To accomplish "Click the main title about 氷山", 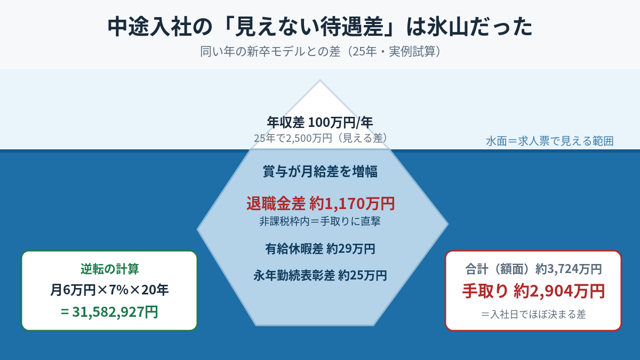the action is tap(320, 27).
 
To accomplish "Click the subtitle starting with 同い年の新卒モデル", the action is tap(320, 51).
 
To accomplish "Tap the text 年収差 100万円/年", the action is tap(320, 122).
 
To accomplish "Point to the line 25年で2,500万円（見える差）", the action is tap(320, 138).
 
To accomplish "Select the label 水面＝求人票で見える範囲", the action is tap(550, 141).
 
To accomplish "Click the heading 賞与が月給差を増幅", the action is tap(320, 171).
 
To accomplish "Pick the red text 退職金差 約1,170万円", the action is tap(321, 203).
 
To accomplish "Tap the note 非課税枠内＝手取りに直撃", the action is tap(320, 221).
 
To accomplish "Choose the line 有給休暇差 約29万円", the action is tap(320, 249).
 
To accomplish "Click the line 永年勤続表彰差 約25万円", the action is tap(320, 275).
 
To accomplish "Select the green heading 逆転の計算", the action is tap(110, 269).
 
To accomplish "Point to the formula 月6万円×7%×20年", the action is tap(109, 290).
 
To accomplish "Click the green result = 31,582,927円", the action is tap(109, 311).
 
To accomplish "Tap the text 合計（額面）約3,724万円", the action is tap(533, 269).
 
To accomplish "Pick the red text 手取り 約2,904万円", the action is tap(533, 291).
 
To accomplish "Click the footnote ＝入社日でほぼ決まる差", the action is tap(533, 314).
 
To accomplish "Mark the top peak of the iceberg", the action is tap(319, 80).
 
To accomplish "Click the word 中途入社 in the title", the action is tap(149, 27).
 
